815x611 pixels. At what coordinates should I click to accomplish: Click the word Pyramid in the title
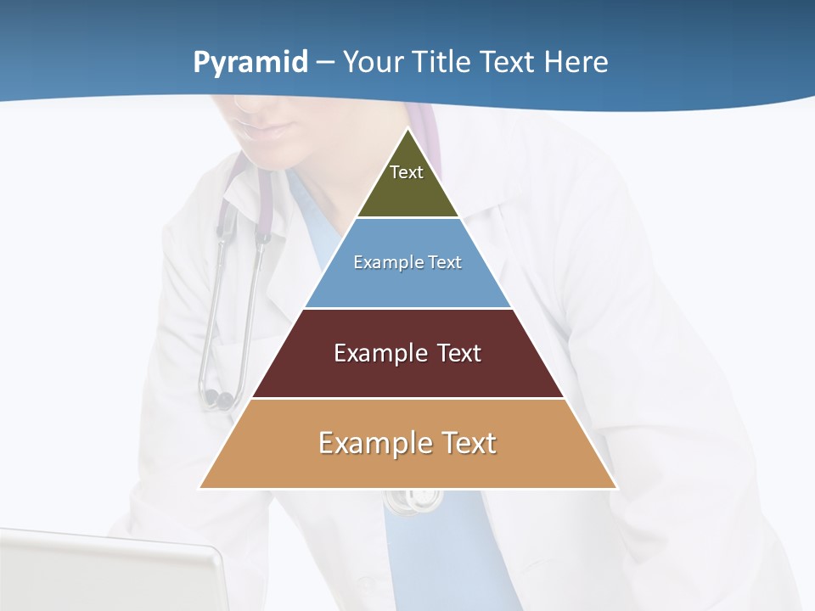click(x=250, y=63)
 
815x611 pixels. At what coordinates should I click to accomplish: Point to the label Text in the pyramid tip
click(x=407, y=172)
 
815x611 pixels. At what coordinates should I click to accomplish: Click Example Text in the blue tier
click(x=407, y=262)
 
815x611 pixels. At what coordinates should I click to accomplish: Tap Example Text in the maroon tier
click(x=407, y=353)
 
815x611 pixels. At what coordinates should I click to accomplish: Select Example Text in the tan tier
click(x=407, y=443)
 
